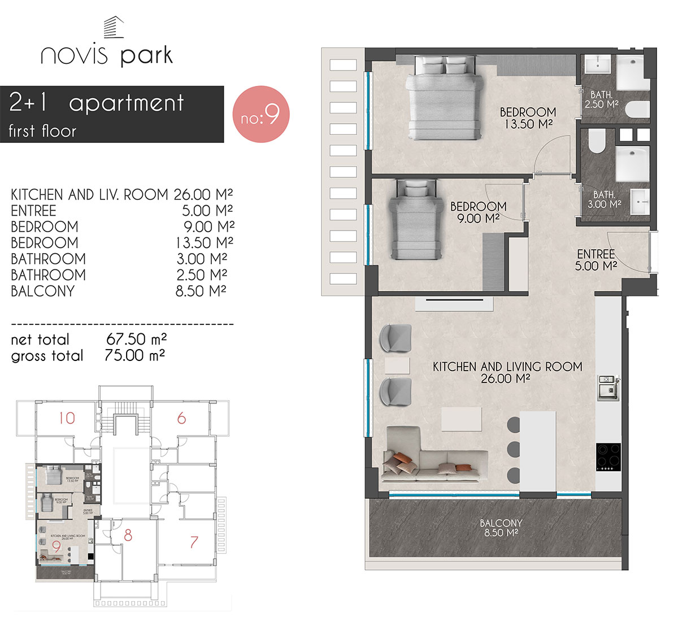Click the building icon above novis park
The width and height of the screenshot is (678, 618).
[113, 27]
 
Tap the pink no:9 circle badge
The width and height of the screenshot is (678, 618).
[261, 114]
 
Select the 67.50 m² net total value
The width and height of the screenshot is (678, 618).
[136, 340]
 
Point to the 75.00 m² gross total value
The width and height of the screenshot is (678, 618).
[135, 355]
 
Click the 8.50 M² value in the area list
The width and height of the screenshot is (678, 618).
[201, 291]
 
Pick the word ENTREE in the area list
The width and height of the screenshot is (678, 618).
[33, 211]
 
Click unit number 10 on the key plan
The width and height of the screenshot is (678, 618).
[67, 418]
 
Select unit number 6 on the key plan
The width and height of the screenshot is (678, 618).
[181, 418]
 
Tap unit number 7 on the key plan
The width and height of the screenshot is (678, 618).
[194, 542]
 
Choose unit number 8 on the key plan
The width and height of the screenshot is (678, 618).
[128, 534]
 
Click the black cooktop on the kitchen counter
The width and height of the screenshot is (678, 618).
[608, 456]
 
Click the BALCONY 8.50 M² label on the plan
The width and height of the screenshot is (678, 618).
[501, 528]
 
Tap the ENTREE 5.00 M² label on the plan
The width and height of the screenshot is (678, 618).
[596, 260]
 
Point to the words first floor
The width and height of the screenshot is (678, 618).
[42, 131]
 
